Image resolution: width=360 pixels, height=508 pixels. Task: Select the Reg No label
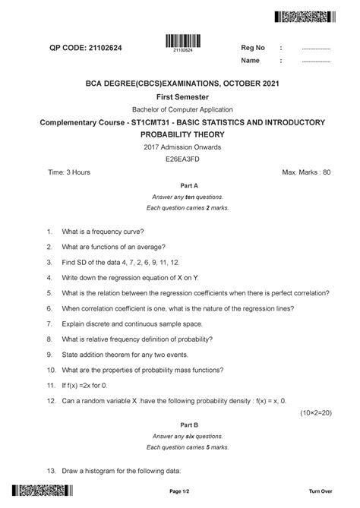pyautogui.click(x=252, y=48)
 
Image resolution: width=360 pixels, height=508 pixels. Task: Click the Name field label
pyautogui.click(x=251, y=61)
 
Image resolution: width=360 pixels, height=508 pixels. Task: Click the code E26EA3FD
pyautogui.click(x=180, y=160)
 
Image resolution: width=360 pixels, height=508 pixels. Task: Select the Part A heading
pyautogui.click(x=180, y=185)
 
